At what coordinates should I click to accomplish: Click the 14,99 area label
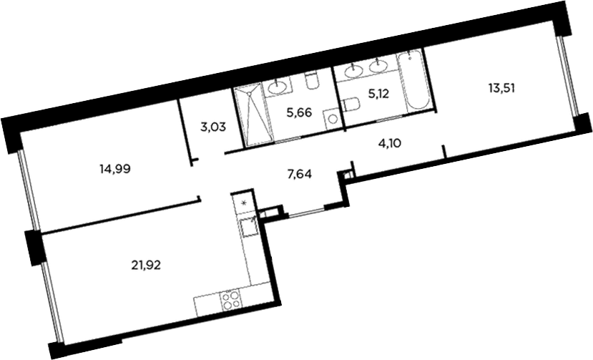(115, 169)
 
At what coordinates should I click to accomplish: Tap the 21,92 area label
(146, 265)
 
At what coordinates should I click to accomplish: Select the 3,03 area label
(213, 127)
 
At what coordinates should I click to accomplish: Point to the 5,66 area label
(299, 112)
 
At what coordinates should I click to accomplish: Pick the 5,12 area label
(378, 94)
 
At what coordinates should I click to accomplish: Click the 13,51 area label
(502, 88)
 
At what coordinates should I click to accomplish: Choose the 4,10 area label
(389, 143)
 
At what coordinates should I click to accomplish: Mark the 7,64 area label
(299, 174)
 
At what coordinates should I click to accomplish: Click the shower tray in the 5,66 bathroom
(253, 116)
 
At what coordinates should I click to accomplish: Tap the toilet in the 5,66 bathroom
(312, 81)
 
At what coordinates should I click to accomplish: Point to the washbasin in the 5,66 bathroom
(278, 87)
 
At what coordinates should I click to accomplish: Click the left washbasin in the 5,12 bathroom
(353, 71)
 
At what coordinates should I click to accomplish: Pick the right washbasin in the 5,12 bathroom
(378, 67)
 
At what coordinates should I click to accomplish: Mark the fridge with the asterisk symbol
(244, 203)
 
